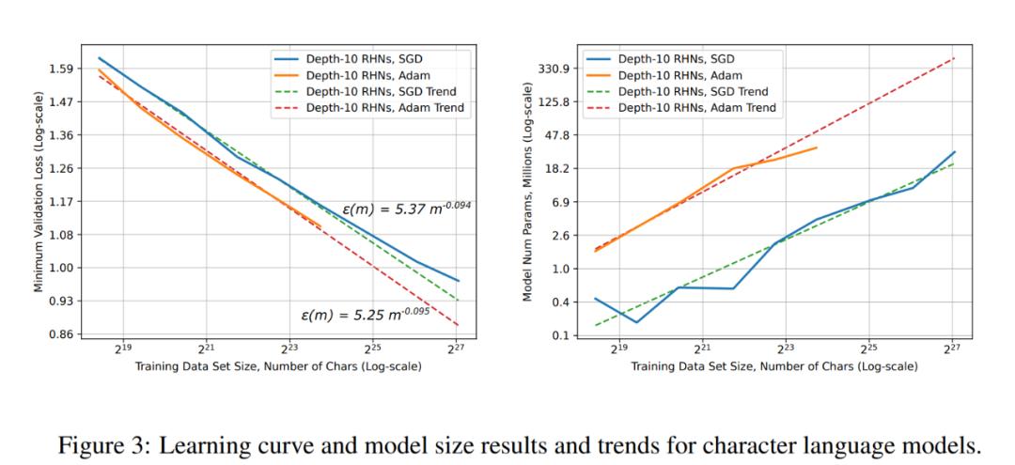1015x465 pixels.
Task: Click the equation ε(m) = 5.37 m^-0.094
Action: tap(406, 208)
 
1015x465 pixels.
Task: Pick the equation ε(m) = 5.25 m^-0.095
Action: tap(365, 315)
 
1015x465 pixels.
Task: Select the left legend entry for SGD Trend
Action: tap(368, 91)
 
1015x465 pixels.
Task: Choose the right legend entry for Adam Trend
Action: tap(681, 107)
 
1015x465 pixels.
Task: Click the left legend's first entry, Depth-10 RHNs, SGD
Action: tap(353, 58)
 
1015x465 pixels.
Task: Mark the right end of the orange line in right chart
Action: tap(817, 147)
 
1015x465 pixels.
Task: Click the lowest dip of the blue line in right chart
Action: tap(636, 322)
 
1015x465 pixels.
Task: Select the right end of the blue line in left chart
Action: tap(459, 281)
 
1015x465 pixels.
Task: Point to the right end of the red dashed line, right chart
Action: tap(954, 58)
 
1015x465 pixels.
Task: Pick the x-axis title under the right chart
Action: tap(774, 366)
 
